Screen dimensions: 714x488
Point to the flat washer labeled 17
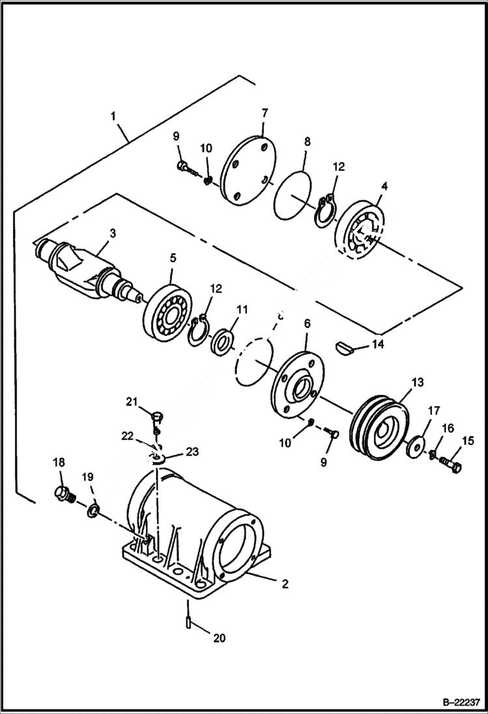point(414,448)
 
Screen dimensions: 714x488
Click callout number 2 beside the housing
point(285,584)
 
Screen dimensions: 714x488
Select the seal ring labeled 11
point(223,341)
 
